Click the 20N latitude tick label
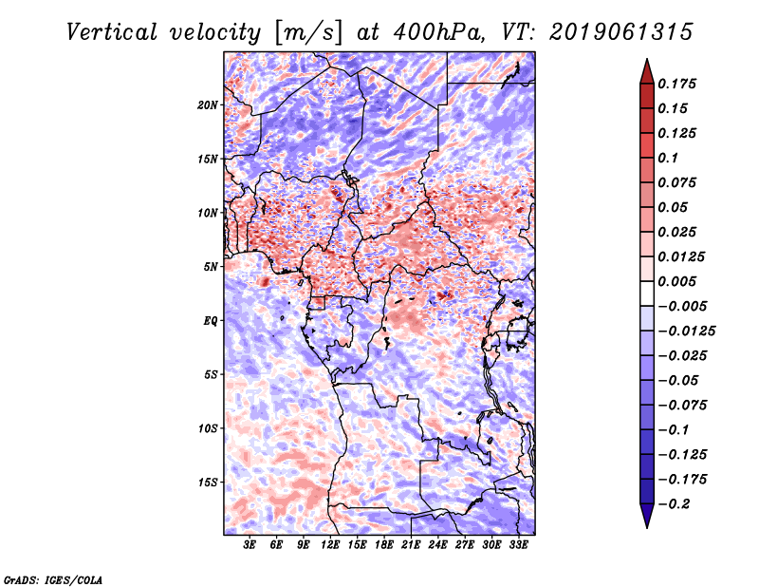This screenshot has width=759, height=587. (208, 104)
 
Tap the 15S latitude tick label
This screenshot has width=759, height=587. (208, 483)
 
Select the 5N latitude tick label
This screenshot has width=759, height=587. (211, 267)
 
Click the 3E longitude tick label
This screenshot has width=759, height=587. (250, 544)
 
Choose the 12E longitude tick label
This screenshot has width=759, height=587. (331, 544)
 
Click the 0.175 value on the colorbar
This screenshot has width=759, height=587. (678, 85)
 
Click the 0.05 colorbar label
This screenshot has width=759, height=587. (675, 208)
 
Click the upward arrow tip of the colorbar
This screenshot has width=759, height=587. (646, 63)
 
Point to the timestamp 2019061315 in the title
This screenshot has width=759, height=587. (608, 32)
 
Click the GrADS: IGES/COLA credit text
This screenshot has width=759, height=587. (52, 578)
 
